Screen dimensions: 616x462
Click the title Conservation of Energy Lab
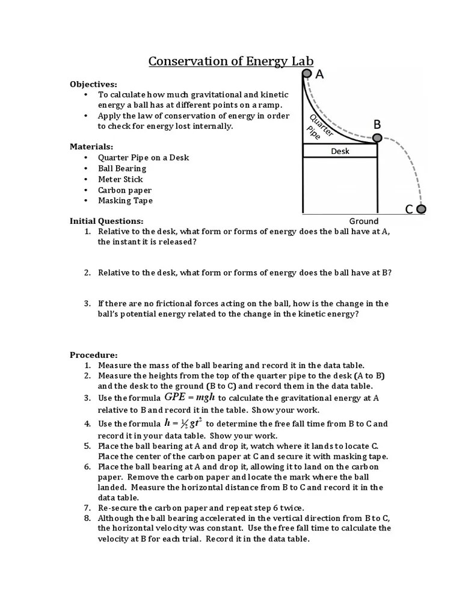[231, 61]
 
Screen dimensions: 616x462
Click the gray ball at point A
[307, 73]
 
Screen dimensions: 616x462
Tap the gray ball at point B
[377, 138]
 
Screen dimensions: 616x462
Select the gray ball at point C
[421, 209]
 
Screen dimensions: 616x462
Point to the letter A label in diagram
[319, 74]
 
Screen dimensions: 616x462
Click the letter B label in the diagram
[377, 125]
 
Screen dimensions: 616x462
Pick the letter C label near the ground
[408, 209]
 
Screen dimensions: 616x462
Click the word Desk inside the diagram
[340, 151]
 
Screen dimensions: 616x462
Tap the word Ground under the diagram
[364, 221]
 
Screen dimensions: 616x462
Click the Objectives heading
[94, 84]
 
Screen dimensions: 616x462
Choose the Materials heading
[91, 146]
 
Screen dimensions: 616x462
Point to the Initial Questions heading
[106, 221]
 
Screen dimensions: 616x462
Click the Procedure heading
[94, 354]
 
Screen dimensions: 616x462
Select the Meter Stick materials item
[120, 179]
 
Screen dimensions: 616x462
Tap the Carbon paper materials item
[125, 190]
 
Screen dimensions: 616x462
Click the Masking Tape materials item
[125, 201]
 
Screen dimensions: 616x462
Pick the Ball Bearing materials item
[122, 168]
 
